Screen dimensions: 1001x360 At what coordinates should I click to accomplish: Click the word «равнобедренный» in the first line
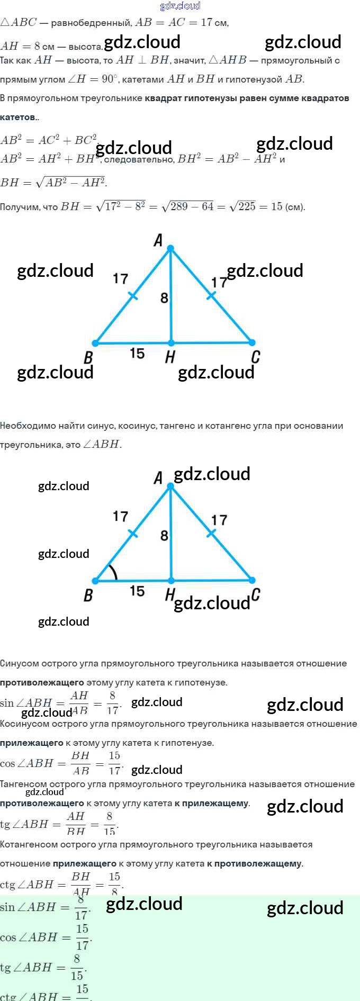[x=91, y=23]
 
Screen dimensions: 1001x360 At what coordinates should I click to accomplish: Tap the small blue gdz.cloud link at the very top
[x=180, y=6]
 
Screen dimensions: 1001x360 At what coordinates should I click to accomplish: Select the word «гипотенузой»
[x=254, y=80]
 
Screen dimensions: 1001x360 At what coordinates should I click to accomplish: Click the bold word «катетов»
[x=18, y=117]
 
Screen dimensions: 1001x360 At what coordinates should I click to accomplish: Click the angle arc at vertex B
[x=114, y=572]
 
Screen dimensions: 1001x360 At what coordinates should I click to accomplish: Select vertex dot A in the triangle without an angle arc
[x=170, y=248]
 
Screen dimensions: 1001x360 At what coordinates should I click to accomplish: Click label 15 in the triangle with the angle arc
[x=137, y=591]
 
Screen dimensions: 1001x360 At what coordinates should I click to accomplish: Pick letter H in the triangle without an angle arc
[x=170, y=357]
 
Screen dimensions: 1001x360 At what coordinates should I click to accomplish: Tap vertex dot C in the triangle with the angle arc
[x=252, y=580]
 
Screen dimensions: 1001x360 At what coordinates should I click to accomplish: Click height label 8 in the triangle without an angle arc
[x=164, y=298]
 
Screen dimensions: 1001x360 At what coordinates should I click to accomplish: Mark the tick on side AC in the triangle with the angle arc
[x=211, y=533]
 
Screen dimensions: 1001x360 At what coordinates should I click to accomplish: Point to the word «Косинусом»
[x=23, y=724]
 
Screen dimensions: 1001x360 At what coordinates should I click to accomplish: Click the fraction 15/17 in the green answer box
[x=82, y=937]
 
